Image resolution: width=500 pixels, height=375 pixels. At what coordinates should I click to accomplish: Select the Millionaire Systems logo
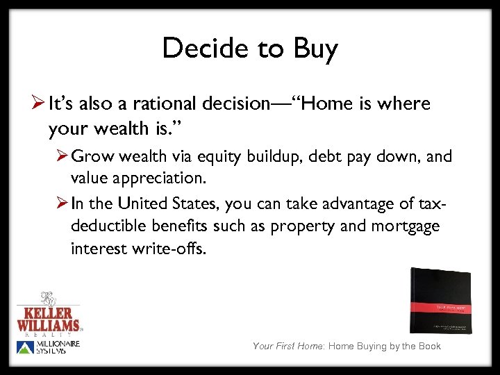[49, 347]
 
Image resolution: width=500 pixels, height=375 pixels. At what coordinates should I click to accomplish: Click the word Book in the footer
[428, 346]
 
